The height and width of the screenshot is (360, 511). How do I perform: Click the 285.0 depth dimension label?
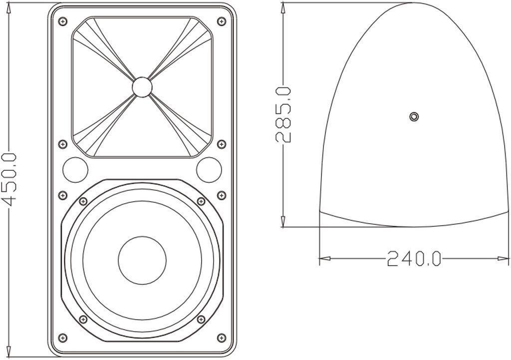(283, 114)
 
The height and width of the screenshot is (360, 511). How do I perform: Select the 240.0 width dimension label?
(414, 258)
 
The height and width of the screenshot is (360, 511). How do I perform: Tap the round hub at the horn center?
(142, 87)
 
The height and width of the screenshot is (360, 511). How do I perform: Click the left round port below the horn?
(75, 170)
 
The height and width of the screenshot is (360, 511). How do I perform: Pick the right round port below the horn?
(209, 170)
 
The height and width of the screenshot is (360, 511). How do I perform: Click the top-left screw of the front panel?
(62, 22)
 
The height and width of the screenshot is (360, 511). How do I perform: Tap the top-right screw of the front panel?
(222, 22)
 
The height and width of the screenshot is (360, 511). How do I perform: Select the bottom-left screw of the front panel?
(62, 337)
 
